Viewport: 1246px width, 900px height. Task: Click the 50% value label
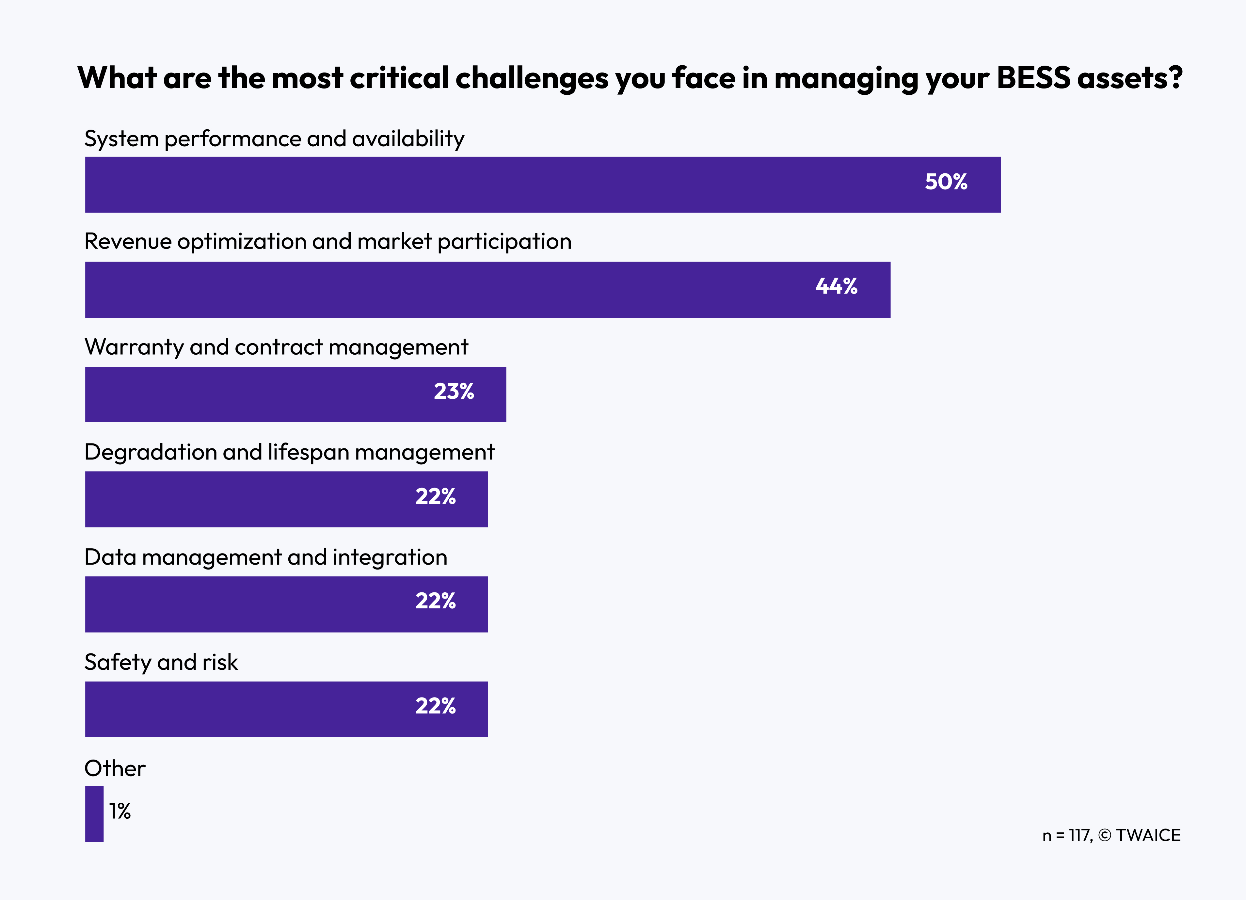[x=946, y=182]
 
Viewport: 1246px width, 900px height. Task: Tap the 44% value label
[x=836, y=286]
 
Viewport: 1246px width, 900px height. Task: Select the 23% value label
[x=454, y=391]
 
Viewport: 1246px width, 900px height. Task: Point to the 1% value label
[x=120, y=811]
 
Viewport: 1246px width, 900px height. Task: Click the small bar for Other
[x=94, y=814]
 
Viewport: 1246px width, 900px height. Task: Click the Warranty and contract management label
[x=276, y=347]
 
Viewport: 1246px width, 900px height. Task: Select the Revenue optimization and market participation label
[x=328, y=241]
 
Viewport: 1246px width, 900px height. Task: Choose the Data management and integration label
[x=266, y=557]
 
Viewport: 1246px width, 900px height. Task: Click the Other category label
[x=115, y=768]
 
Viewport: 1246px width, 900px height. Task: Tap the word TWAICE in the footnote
[x=1148, y=835]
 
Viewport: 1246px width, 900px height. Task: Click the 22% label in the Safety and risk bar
[x=435, y=706]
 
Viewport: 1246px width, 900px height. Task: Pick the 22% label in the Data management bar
[x=435, y=601]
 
